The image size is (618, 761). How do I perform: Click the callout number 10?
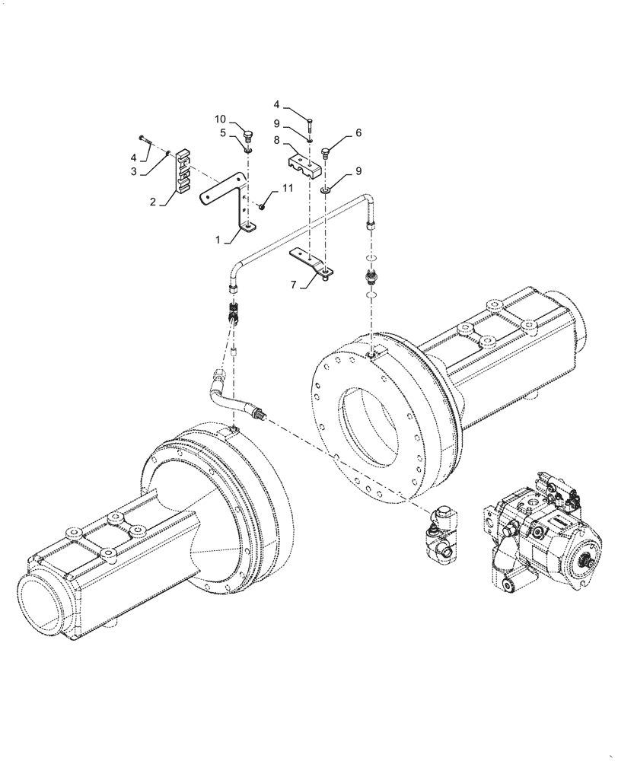[x=219, y=119]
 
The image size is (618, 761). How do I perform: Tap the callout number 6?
[x=358, y=132]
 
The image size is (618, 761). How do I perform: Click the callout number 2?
[x=153, y=202]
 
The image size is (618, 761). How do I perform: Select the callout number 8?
[x=279, y=141]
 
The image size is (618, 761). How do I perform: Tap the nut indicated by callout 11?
[x=261, y=205]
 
